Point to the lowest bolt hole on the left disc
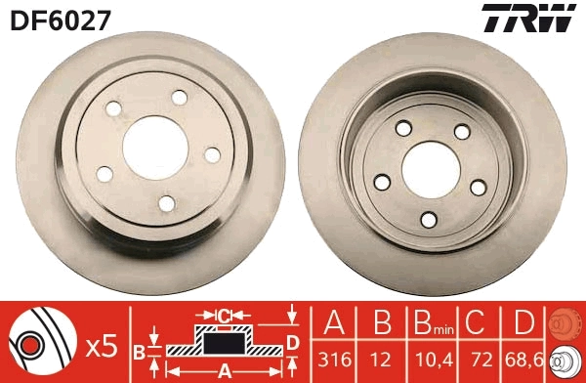pos(167,202)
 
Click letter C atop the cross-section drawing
pos(224,316)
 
